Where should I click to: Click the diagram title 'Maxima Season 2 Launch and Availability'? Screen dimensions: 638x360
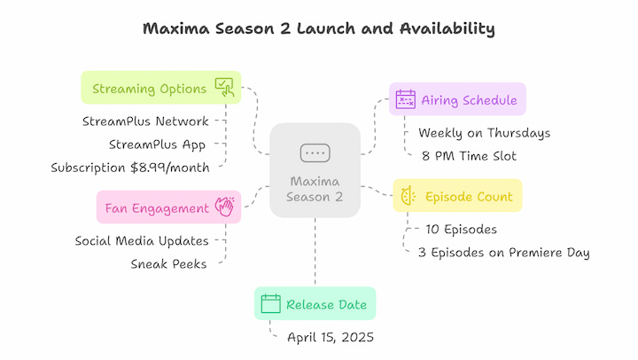319,29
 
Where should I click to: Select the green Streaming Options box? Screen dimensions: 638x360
161,88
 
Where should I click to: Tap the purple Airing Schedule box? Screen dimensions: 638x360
457,99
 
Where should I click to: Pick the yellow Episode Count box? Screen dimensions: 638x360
457,195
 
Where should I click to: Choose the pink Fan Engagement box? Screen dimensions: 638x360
169,207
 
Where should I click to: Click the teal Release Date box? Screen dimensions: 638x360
315,303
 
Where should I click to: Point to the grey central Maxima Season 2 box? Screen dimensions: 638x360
315,170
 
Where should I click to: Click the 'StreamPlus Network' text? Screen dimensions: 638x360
145,121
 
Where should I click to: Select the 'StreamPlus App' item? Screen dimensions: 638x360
157,145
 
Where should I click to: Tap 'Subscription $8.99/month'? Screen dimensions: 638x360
130,168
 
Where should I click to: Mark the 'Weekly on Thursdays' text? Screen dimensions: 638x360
484,133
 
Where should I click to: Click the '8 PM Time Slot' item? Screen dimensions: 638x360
469,156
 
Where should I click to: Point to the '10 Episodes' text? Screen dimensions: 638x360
461,230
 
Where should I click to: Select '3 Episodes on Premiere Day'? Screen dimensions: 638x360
503,253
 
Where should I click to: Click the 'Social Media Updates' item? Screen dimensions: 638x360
142,241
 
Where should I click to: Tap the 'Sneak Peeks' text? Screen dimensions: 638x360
168,264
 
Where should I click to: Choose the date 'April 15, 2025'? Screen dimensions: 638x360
331,337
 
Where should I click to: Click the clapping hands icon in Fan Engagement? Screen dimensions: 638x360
224,207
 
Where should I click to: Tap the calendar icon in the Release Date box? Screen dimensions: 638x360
270,303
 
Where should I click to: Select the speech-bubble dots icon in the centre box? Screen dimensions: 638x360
315,153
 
